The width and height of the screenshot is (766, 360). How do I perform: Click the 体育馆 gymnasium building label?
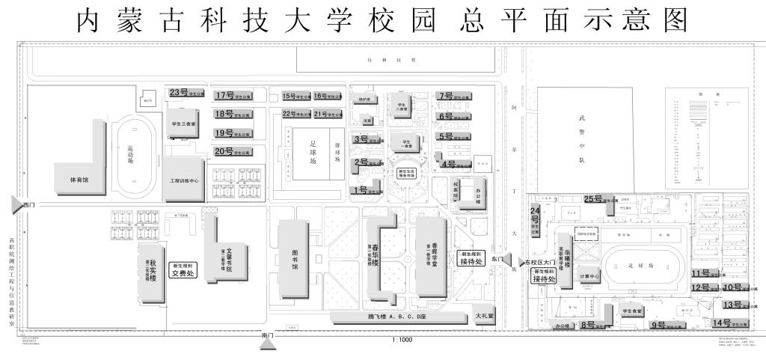coord(74,180)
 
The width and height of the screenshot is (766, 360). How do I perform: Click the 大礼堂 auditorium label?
coord(485,317)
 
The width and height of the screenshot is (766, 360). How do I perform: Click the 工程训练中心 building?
coord(183,180)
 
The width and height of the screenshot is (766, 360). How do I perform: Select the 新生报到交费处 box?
coord(183,269)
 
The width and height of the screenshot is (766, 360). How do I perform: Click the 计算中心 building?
coord(589,277)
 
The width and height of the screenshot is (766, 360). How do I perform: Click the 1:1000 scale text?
coord(402,340)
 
